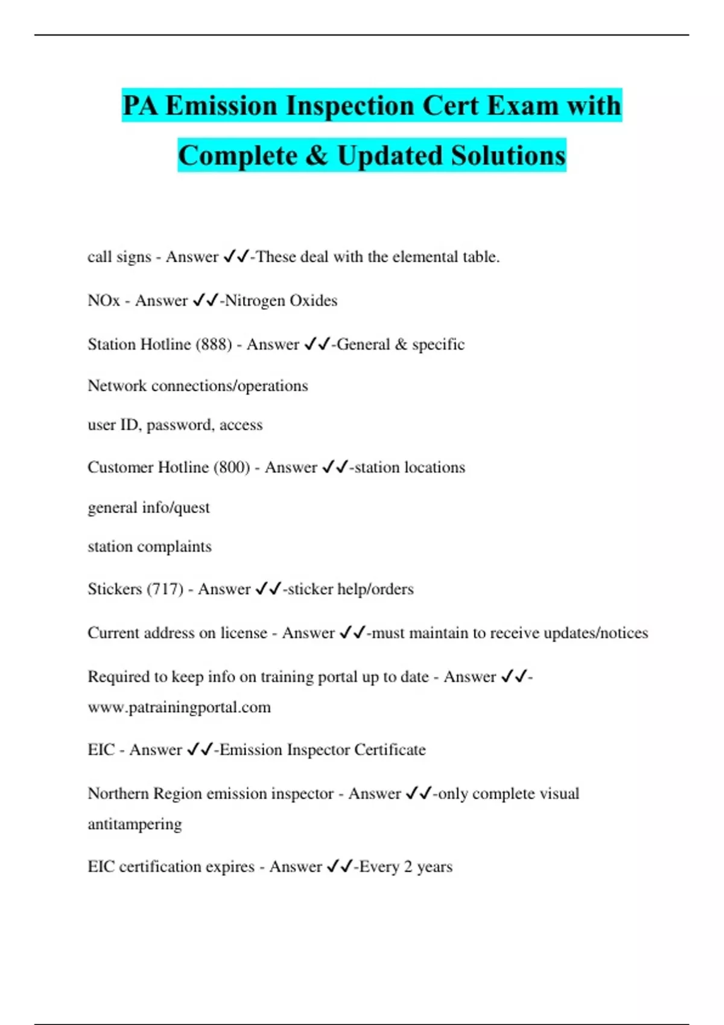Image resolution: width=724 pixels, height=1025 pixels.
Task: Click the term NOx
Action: [x=104, y=300]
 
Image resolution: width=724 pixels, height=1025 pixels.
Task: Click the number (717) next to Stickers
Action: [x=165, y=588]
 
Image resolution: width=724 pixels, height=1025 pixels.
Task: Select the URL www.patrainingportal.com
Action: [x=179, y=707]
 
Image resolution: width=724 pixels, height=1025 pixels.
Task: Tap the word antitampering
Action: [x=135, y=824]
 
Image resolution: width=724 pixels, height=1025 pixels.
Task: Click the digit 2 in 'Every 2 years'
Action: [x=408, y=866]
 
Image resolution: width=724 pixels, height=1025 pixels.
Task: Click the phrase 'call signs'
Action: [x=119, y=257]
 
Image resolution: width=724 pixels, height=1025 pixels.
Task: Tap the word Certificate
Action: [x=390, y=749]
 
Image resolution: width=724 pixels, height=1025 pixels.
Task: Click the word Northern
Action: [x=118, y=793]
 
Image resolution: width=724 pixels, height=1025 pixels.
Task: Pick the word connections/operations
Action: [x=229, y=386]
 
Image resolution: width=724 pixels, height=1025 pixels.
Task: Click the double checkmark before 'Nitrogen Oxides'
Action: [x=205, y=300]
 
